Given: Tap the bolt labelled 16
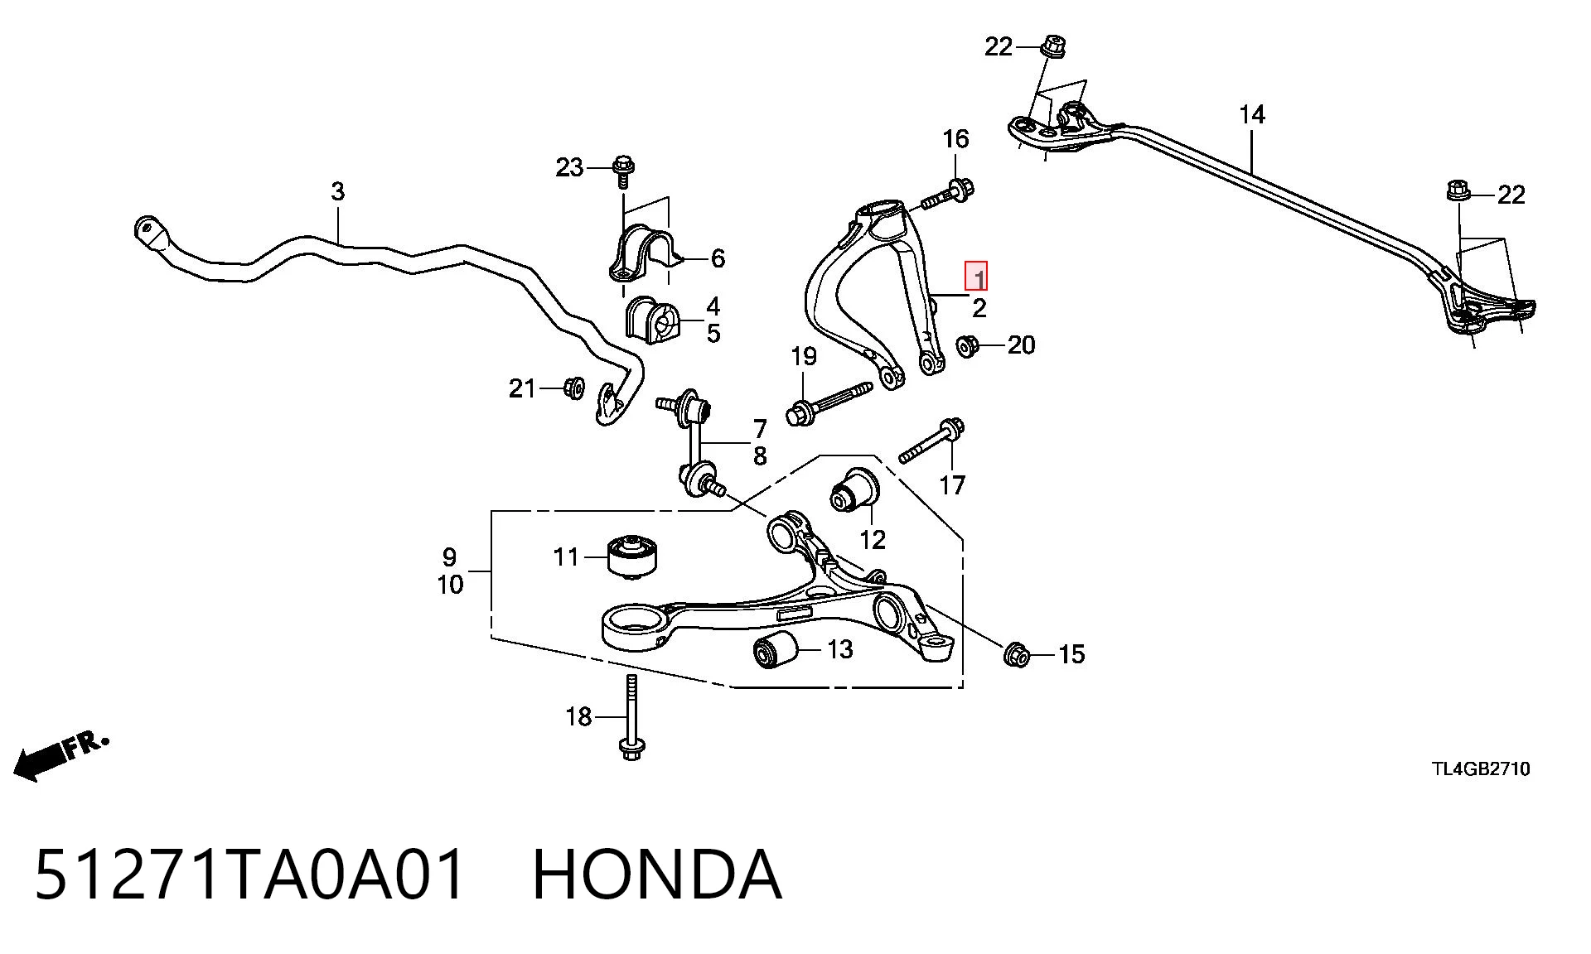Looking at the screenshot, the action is tap(946, 195).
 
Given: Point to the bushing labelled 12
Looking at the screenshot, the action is tap(855, 489).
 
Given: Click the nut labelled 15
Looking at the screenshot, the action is tap(1016, 655).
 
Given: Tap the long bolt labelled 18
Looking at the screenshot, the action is tap(631, 717).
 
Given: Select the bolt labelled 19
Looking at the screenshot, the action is tap(829, 402).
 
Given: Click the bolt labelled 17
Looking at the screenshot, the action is tap(932, 442).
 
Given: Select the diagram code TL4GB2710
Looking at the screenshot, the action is tap(1482, 769).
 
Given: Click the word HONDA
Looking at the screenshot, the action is tap(655, 874).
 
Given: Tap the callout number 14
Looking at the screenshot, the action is tap(1252, 114).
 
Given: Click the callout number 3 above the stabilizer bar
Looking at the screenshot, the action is tap(337, 191).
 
